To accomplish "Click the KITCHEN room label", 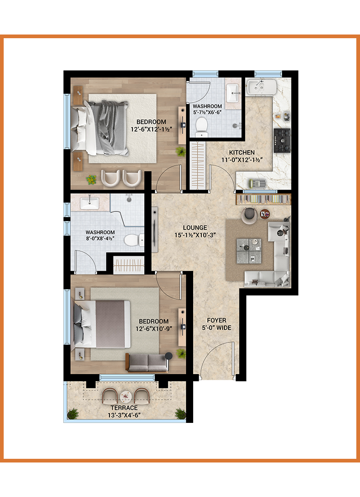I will click(x=242, y=153).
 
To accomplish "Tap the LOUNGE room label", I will click(x=195, y=228).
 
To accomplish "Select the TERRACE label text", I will click(x=124, y=408).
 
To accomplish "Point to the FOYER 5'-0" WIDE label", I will click(x=216, y=324).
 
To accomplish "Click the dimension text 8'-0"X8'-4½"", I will click(x=100, y=238).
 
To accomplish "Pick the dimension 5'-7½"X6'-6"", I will click(x=207, y=112).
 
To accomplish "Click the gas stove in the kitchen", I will click(x=282, y=140).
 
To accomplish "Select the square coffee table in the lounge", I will click(x=249, y=251).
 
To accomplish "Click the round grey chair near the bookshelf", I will click(x=250, y=215).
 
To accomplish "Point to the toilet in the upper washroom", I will click(x=201, y=127).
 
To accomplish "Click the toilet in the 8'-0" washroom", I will click(x=134, y=240).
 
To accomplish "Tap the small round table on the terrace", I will click(x=126, y=396).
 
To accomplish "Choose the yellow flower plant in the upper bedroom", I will click(x=92, y=179).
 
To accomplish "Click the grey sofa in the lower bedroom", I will click(x=147, y=362).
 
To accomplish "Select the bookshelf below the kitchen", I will click(x=264, y=199).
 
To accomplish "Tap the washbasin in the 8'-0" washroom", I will click(x=89, y=202).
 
